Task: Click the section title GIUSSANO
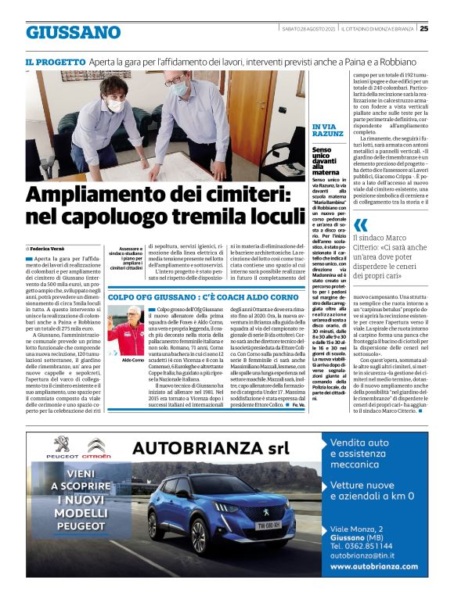click(x=72, y=33)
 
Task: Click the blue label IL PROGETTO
click(x=55, y=61)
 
